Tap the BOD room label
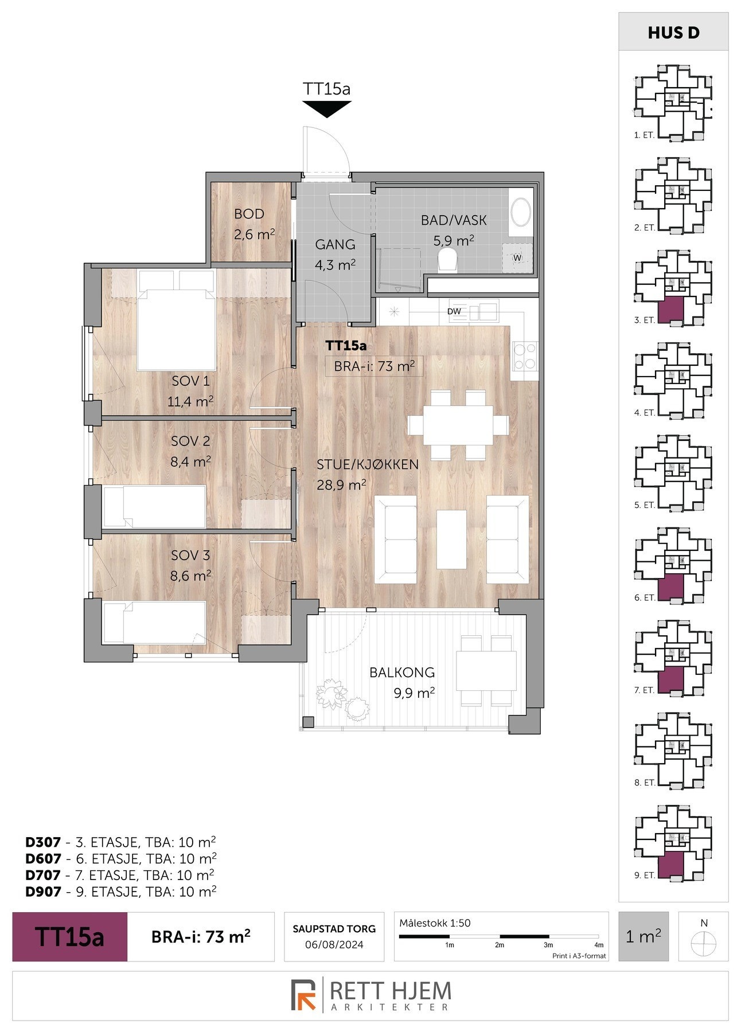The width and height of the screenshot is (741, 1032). pyautogui.click(x=249, y=214)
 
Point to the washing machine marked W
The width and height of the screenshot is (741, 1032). pyautogui.click(x=517, y=258)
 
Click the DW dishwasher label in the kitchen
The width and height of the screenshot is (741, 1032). pyautogui.click(x=454, y=311)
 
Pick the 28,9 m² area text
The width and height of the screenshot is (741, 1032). pyautogui.click(x=342, y=485)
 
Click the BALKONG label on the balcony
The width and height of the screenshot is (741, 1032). pyautogui.click(x=402, y=672)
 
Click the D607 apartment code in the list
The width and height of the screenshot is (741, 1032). pyautogui.click(x=43, y=858)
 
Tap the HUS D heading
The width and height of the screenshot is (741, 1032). pyautogui.click(x=673, y=33)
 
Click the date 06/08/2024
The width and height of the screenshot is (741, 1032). pyautogui.click(x=334, y=945)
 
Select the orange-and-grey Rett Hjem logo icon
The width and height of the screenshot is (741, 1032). pyautogui.click(x=304, y=995)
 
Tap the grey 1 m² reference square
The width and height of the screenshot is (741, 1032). pyautogui.click(x=643, y=936)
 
